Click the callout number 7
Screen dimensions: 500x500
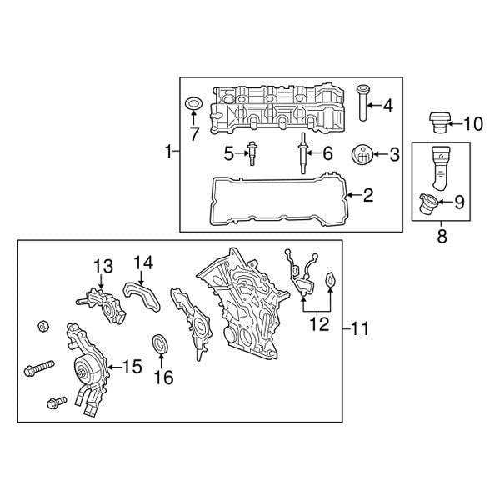point(193,132)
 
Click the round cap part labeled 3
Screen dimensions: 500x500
point(362,155)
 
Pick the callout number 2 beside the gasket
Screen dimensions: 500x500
point(368,196)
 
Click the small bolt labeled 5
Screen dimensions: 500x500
point(252,153)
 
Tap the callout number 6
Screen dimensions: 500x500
point(327,153)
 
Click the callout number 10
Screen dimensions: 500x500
point(472,125)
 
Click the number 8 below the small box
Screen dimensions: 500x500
point(442,237)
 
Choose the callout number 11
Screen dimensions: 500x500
point(358,329)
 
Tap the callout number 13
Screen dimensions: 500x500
point(102,267)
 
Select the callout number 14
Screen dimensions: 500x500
point(144,262)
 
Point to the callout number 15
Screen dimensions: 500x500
point(132,366)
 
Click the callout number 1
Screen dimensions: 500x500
point(169,152)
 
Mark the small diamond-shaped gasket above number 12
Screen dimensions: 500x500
point(330,280)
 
